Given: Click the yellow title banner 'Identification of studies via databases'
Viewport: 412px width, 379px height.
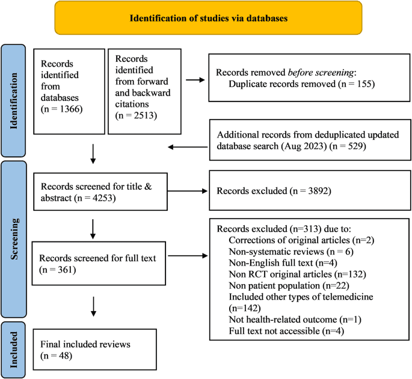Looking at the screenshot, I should (x=209, y=17).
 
